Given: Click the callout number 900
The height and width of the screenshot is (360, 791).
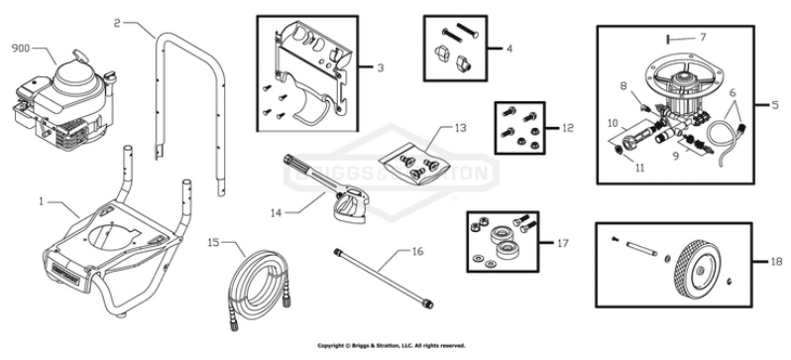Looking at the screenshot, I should [21, 47].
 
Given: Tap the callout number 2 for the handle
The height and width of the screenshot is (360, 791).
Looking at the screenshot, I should [118, 22].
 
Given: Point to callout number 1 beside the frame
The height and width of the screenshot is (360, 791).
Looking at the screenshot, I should [42, 201].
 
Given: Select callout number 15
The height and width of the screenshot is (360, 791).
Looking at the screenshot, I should [213, 241].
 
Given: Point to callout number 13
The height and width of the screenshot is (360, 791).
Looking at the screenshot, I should [459, 129].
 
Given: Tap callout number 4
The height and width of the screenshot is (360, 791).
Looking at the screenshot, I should [510, 47].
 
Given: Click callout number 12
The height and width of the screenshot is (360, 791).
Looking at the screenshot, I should [567, 127].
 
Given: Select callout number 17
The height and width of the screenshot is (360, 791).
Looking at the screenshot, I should [564, 241].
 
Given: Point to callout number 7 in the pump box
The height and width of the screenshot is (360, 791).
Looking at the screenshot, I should [703, 37].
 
